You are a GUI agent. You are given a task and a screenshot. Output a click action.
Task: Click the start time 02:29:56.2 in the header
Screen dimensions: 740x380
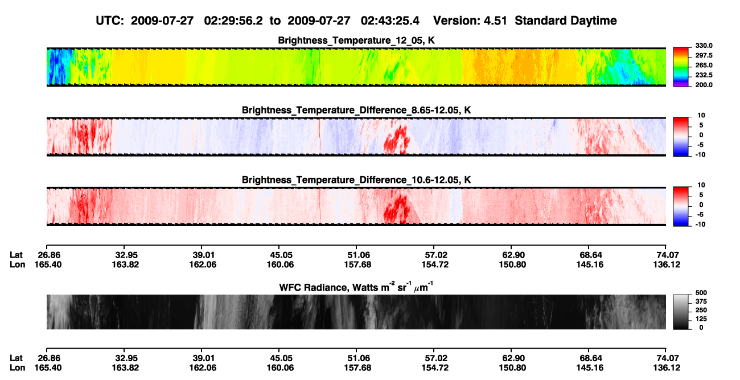click(233, 21)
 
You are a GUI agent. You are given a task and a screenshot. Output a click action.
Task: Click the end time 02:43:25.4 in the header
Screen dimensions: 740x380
click(390, 21)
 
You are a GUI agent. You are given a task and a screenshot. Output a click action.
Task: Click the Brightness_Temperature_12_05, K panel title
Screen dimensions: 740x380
click(356, 40)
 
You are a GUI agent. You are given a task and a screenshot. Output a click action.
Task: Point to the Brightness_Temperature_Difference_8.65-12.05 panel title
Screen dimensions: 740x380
click(356, 110)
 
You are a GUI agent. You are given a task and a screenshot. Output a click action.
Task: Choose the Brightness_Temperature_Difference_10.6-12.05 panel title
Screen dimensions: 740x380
click(356, 180)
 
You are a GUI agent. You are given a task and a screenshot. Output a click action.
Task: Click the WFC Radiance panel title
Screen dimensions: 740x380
click(356, 287)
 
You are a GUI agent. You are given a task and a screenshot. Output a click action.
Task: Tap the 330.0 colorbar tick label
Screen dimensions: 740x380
click(704, 46)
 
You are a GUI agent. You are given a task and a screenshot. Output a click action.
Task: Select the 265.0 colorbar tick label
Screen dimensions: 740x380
click(704, 65)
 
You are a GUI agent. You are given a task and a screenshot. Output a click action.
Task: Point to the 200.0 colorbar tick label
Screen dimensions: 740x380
click(704, 85)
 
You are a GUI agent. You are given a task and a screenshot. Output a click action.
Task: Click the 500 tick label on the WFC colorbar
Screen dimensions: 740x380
click(701, 293)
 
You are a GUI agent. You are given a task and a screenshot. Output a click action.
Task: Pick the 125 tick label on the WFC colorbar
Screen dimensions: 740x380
click(701, 319)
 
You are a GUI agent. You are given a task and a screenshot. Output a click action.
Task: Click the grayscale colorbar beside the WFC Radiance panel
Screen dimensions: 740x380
click(681, 312)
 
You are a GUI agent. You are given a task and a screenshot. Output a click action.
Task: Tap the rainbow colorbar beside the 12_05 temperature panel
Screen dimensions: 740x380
click(681, 67)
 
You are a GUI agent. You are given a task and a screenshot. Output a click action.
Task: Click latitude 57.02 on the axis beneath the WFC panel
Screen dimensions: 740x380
click(435, 358)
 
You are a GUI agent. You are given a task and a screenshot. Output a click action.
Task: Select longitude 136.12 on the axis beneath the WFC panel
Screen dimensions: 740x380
click(667, 367)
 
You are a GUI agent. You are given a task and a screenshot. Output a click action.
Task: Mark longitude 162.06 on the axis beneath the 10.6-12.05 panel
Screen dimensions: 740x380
click(203, 264)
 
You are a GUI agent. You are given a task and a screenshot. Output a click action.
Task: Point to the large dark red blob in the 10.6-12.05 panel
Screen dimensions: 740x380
click(398, 209)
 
